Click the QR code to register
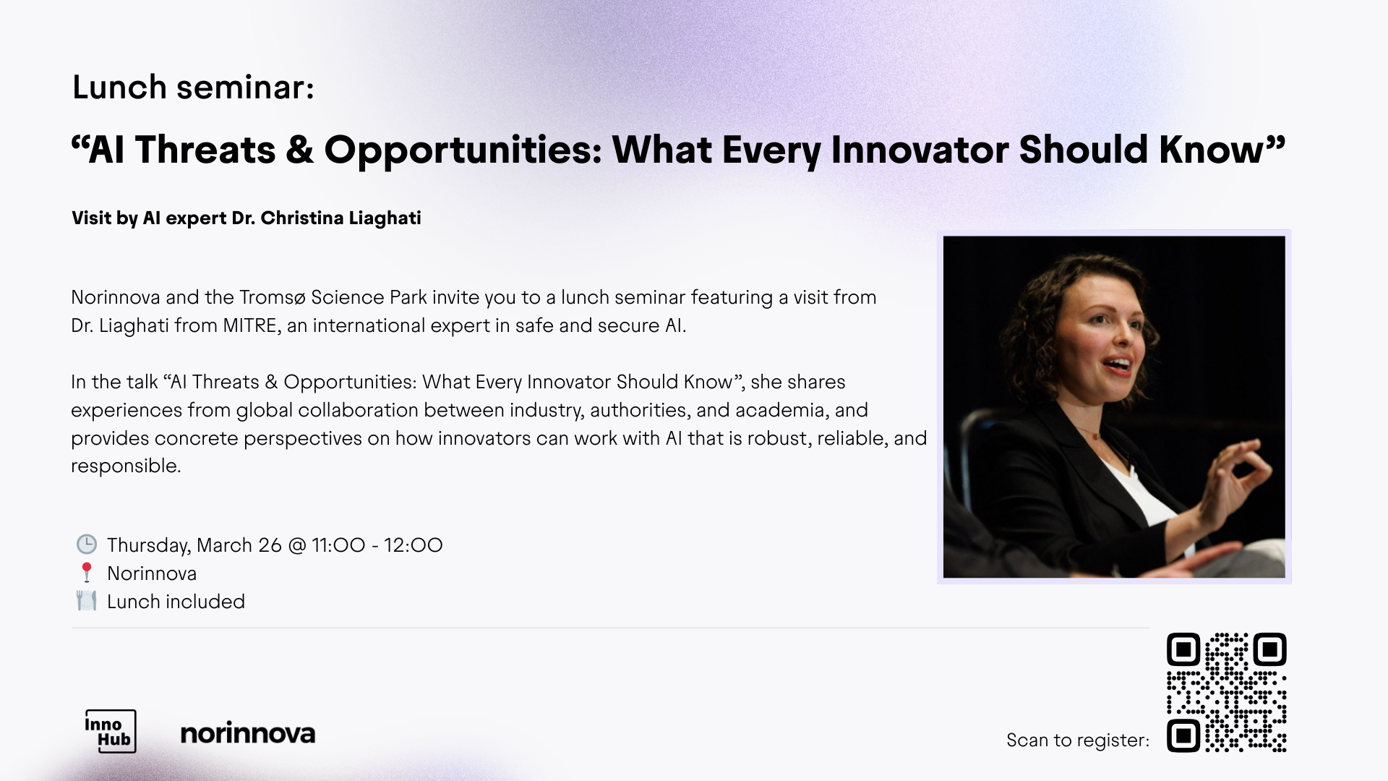pyautogui.click(x=1227, y=693)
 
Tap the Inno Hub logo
pyautogui.click(x=111, y=731)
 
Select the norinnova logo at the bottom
pyautogui.click(x=247, y=733)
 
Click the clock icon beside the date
pyautogui.click(x=87, y=544)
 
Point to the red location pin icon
pyautogui.click(x=87, y=573)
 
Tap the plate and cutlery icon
pyautogui.click(x=87, y=601)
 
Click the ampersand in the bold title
pyautogui.click(x=299, y=150)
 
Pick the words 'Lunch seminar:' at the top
pyautogui.click(x=193, y=88)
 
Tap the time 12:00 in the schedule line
pyautogui.click(x=413, y=545)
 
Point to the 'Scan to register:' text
pyautogui.click(x=1078, y=741)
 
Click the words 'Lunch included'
pyautogui.click(x=176, y=602)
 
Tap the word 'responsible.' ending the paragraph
pyautogui.click(x=126, y=466)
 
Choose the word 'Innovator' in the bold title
pyautogui.click(x=920, y=150)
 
